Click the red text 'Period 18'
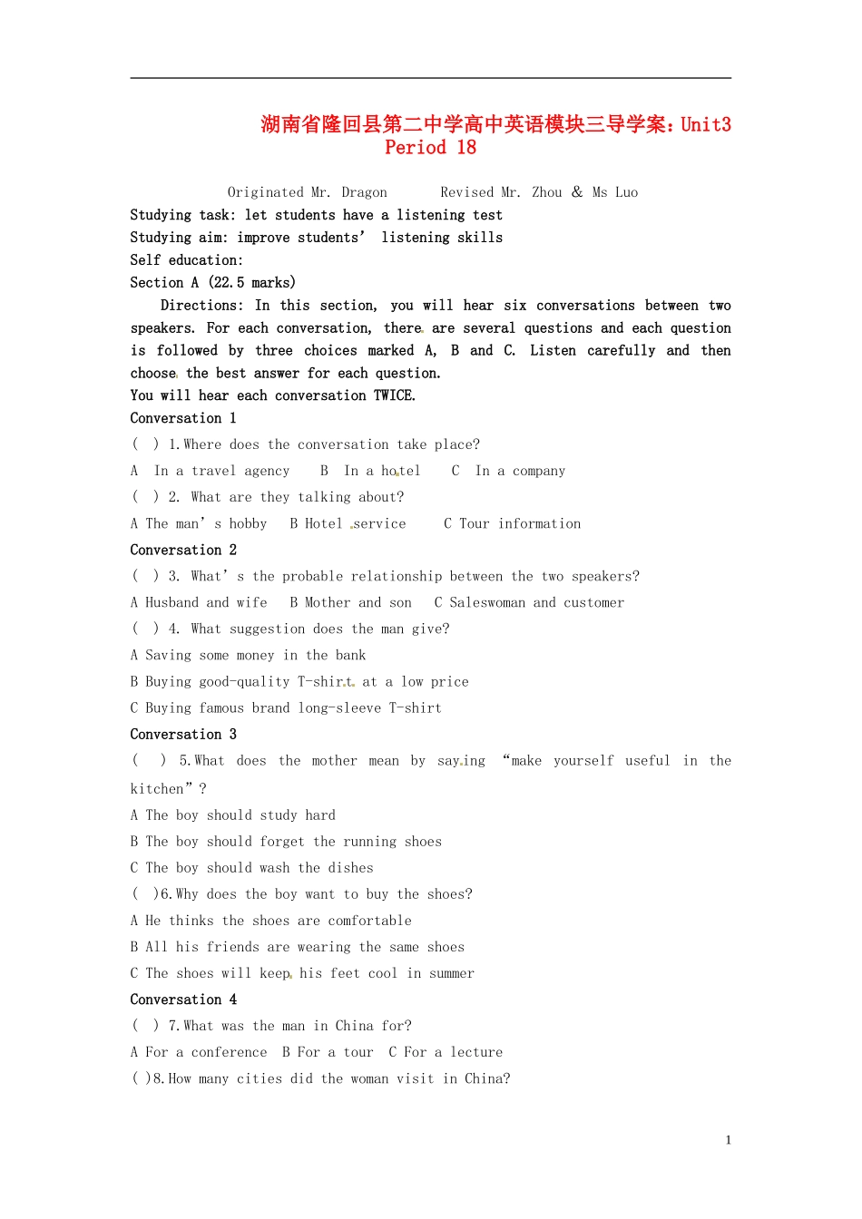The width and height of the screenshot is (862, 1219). (x=430, y=148)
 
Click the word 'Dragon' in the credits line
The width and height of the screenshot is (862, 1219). (x=364, y=192)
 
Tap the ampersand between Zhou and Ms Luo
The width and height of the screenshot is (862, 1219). (x=577, y=191)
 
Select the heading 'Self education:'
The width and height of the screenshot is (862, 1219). (x=186, y=260)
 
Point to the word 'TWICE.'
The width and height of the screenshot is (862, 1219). (x=395, y=395)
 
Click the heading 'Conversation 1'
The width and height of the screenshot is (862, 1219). (x=183, y=418)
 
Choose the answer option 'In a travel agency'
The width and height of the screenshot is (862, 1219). (x=221, y=471)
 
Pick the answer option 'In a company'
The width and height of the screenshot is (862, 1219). (x=520, y=471)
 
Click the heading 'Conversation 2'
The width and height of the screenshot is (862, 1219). (x=183, y=550)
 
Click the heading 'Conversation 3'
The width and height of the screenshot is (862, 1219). (x=183, y=734)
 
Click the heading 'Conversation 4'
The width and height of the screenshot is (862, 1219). (x=183, y=1000)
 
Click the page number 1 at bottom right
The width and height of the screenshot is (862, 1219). (x=728, y=1140)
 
